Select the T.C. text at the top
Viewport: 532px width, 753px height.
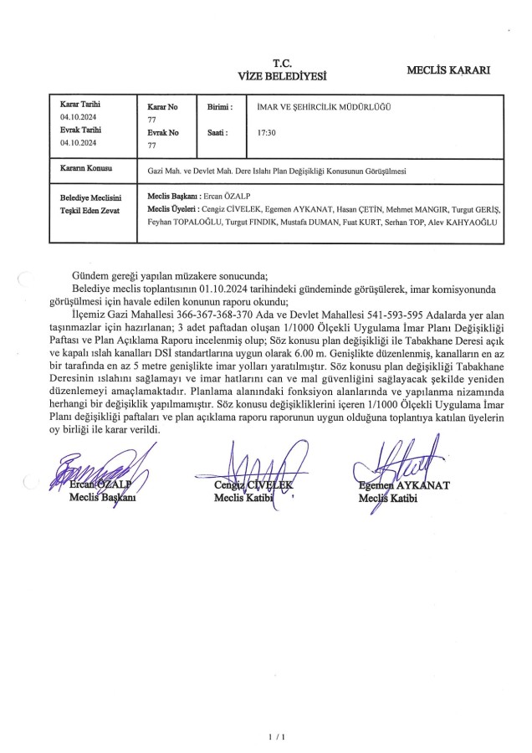point(282,62)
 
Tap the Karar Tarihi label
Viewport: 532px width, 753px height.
point(79,105)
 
